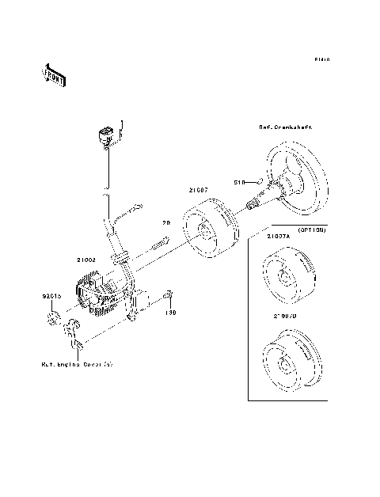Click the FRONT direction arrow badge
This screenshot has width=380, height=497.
[x=53, y=73]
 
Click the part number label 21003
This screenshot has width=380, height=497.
[x=86, y=259]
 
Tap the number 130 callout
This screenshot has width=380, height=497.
[x=169, y=313]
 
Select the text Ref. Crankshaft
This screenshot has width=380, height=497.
[x=285, y=127]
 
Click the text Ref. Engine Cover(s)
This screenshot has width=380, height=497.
[x=77, y=366]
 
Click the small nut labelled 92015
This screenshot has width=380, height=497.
[x=54, y=319]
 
